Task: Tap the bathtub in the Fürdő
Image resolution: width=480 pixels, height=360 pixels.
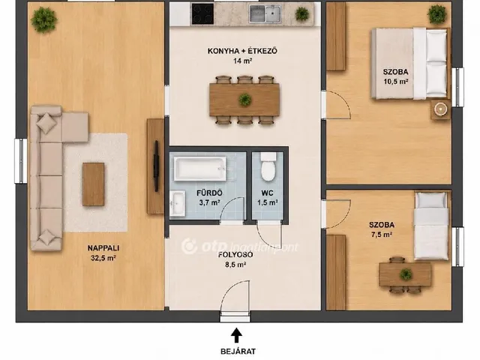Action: pyautogui.click(x=200, y=168)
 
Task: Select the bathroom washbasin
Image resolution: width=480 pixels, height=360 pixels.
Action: pyautogui.click(x=178, y=203)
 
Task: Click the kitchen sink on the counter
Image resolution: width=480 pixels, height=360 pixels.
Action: pyautogui.click(x=265, y=13)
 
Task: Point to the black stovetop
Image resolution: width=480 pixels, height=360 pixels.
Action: pyautogui.click(x=202, y=13)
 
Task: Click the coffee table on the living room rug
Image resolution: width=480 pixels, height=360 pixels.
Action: pyautogui.click(x=93, y=184)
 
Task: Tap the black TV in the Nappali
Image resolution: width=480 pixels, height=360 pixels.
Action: pyautogui.click(x=156, y=166)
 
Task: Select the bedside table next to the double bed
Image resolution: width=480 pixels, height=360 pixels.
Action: pyautogui.click(x=440, y=109)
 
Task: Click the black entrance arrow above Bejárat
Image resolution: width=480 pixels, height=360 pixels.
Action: pyautogui.click(x=236, y=335)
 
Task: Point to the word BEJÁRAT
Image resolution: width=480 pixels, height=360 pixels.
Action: pyautogui.click(x=238, y=352)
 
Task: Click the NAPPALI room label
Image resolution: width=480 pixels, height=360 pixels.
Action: pyautogui.click(x=103, y=248)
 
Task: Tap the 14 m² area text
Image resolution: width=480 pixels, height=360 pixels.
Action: pyautogui.click(x=242, y=61)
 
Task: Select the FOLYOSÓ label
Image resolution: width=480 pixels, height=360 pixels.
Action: pyautogui.click(x=235, y=255)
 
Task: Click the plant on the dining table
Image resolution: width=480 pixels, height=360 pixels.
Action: pyautogui.click(x=245, y=100)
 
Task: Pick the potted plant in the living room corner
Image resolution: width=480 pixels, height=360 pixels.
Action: pyautogui.click(x=44, y=19)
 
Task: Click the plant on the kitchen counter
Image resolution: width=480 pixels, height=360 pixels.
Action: pyautogui.click(x=302, y=14)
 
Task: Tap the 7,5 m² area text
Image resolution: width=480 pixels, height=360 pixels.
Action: pyautogui.click(x=382, y=235)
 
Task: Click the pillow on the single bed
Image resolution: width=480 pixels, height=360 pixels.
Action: pyautogui.click(x=431, y=199)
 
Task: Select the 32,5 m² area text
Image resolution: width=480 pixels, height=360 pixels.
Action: pyautogui.click(x=103, y=258)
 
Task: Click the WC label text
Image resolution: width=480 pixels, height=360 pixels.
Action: pyautogui.click(x=268, y=193)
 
